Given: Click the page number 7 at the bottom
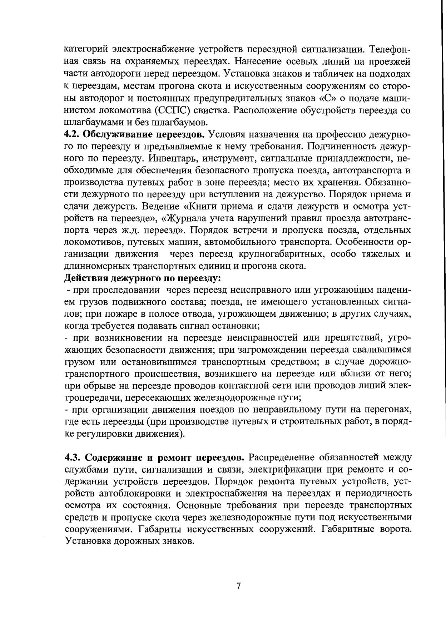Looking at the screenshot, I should point(239,586).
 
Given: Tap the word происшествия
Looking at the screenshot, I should point(163,374).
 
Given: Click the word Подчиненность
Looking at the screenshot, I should point(340,147).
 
